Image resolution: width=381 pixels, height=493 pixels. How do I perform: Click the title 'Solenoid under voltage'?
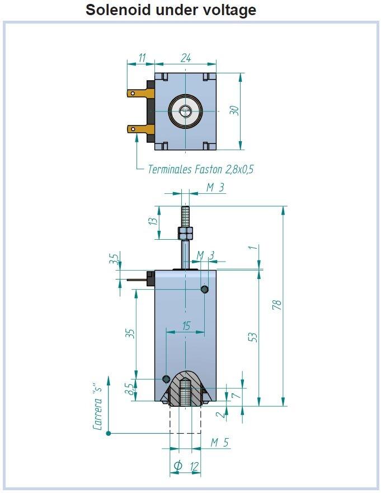[171, 10]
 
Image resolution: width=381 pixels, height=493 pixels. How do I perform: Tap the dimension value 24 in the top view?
[186, 57]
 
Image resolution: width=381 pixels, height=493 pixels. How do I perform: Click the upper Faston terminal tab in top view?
[137, 94]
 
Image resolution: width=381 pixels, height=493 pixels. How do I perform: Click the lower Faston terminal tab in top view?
[137, 129]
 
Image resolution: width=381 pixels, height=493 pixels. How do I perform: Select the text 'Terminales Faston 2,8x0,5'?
[200, 169]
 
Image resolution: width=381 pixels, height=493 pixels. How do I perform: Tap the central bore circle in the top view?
[185, 111]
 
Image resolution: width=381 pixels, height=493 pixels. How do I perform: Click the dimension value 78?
[276, 305]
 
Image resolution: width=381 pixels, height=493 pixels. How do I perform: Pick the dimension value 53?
[252, 337]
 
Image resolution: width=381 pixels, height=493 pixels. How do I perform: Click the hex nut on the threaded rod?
[185, 232]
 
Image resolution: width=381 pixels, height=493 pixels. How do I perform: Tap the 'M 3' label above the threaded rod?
[215, 188]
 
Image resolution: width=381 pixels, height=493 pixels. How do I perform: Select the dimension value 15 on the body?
[186, 325]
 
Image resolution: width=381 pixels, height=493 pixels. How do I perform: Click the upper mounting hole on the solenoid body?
[205, 289]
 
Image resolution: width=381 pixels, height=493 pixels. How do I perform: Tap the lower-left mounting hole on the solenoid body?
[166, 379]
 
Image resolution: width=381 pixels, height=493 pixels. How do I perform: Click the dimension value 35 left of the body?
[130, 333]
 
